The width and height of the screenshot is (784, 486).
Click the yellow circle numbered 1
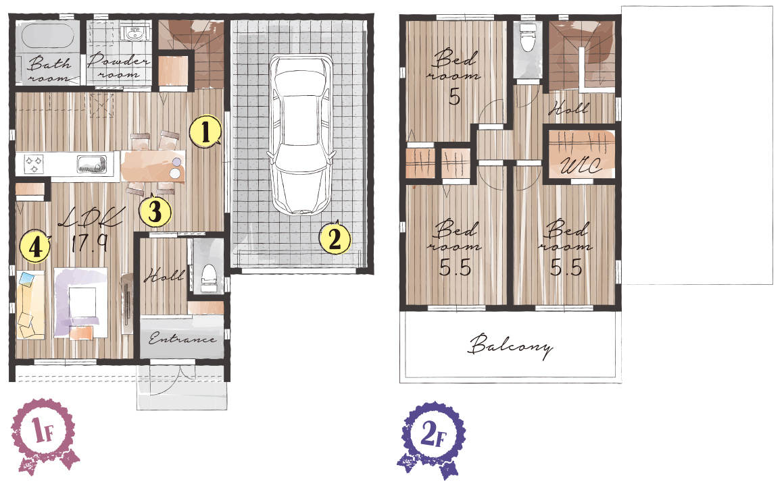(205, 132)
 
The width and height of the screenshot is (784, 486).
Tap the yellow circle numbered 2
(335, 238)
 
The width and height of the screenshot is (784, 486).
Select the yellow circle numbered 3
(155, 211)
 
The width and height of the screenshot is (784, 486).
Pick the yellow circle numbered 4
(35, 246)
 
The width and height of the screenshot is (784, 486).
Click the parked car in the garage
(301, 135)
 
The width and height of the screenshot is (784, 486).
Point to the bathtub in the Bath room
(48, 36)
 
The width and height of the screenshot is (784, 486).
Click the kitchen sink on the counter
(91, 164)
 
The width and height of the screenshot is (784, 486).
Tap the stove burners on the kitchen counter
(34, 164)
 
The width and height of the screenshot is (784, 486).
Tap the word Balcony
(511, 346)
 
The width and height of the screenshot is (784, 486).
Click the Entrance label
(182, 339)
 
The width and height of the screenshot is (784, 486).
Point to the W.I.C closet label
(581, 165)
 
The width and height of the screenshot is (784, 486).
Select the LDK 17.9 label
(90, 230)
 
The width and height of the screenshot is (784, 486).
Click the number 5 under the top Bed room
(454, 96)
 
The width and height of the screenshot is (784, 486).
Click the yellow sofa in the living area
(30, 305)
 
